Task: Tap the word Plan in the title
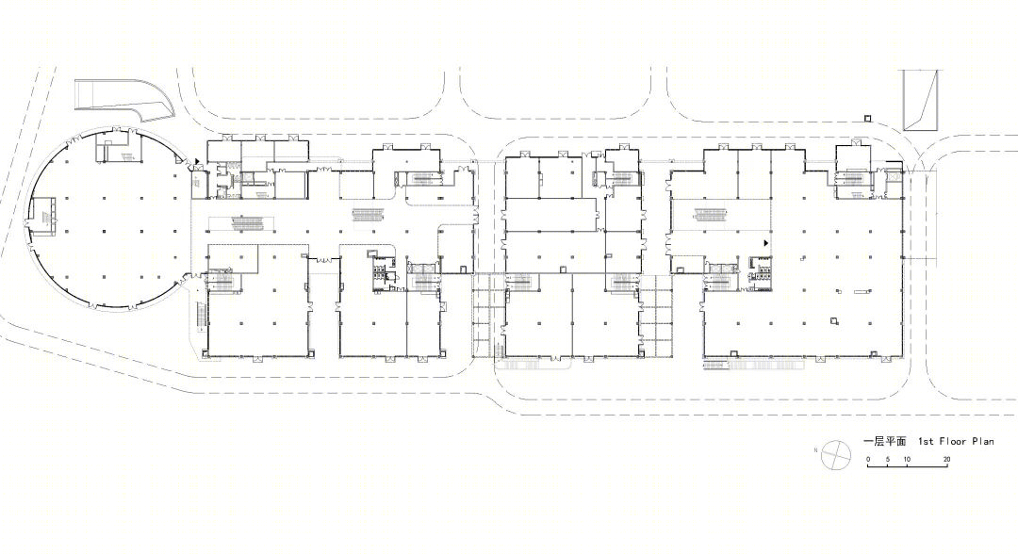tap(983, 441)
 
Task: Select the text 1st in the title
tap(926, 441)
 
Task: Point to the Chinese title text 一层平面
tap(884, 441)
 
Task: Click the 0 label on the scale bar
tap(869, 459)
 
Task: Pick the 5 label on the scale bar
tap(888, 459)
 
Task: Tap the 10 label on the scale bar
tap(907, 459)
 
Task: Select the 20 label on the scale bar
tap(946, 459)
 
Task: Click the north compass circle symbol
tap(835, 454)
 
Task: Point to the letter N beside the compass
tap(815, 449)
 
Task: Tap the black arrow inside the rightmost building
tap(766, 243)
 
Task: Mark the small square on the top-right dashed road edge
tap(867, 118)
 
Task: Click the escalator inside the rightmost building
tap(710, 213)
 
